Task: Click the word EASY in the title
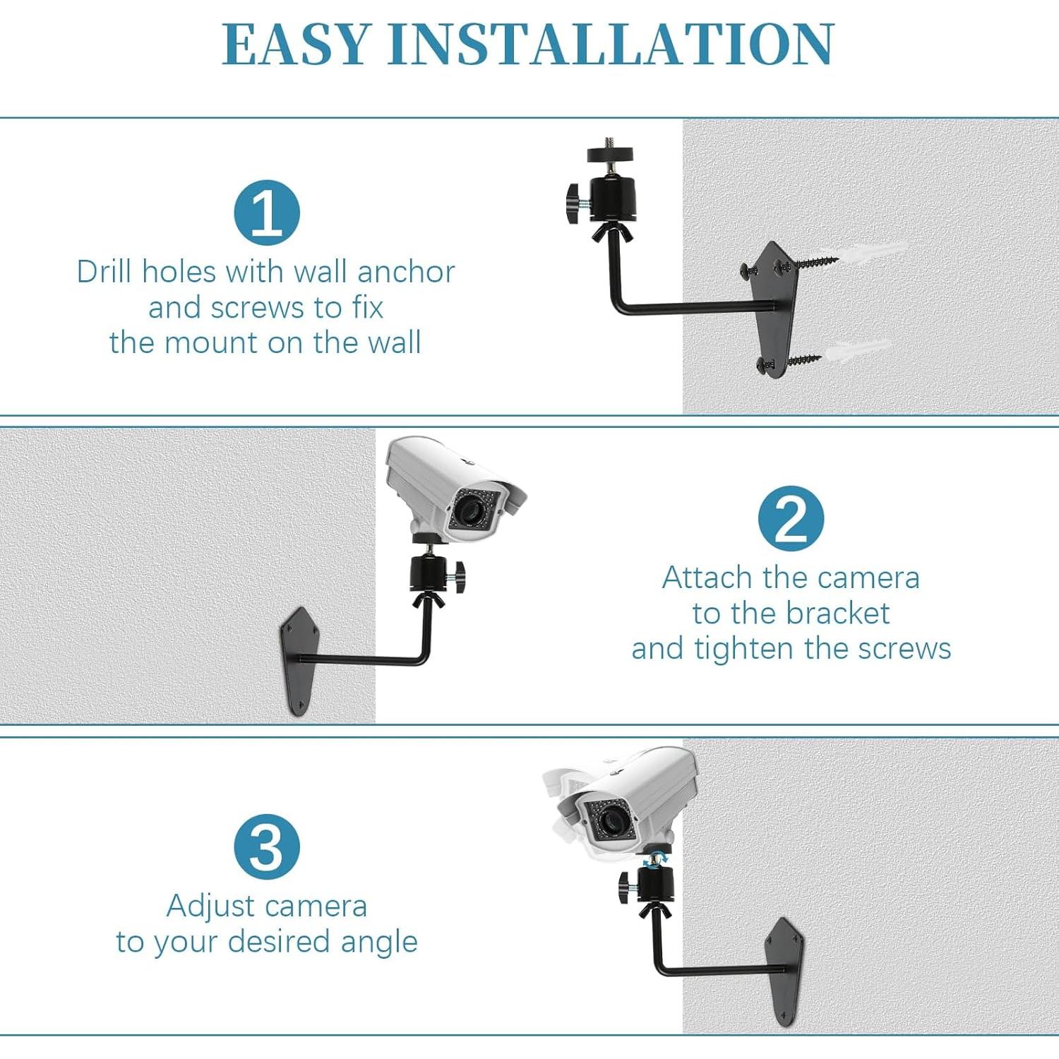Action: pos(297,44)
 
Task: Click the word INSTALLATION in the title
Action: pos(611,44)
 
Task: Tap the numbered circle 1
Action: pos(267,213)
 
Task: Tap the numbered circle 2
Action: pos(791,519)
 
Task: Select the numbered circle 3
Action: pos(267,846)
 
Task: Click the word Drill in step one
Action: pos(104,272)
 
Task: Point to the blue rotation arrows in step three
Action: pos(657,858)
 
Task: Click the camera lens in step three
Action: pos(607,820)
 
